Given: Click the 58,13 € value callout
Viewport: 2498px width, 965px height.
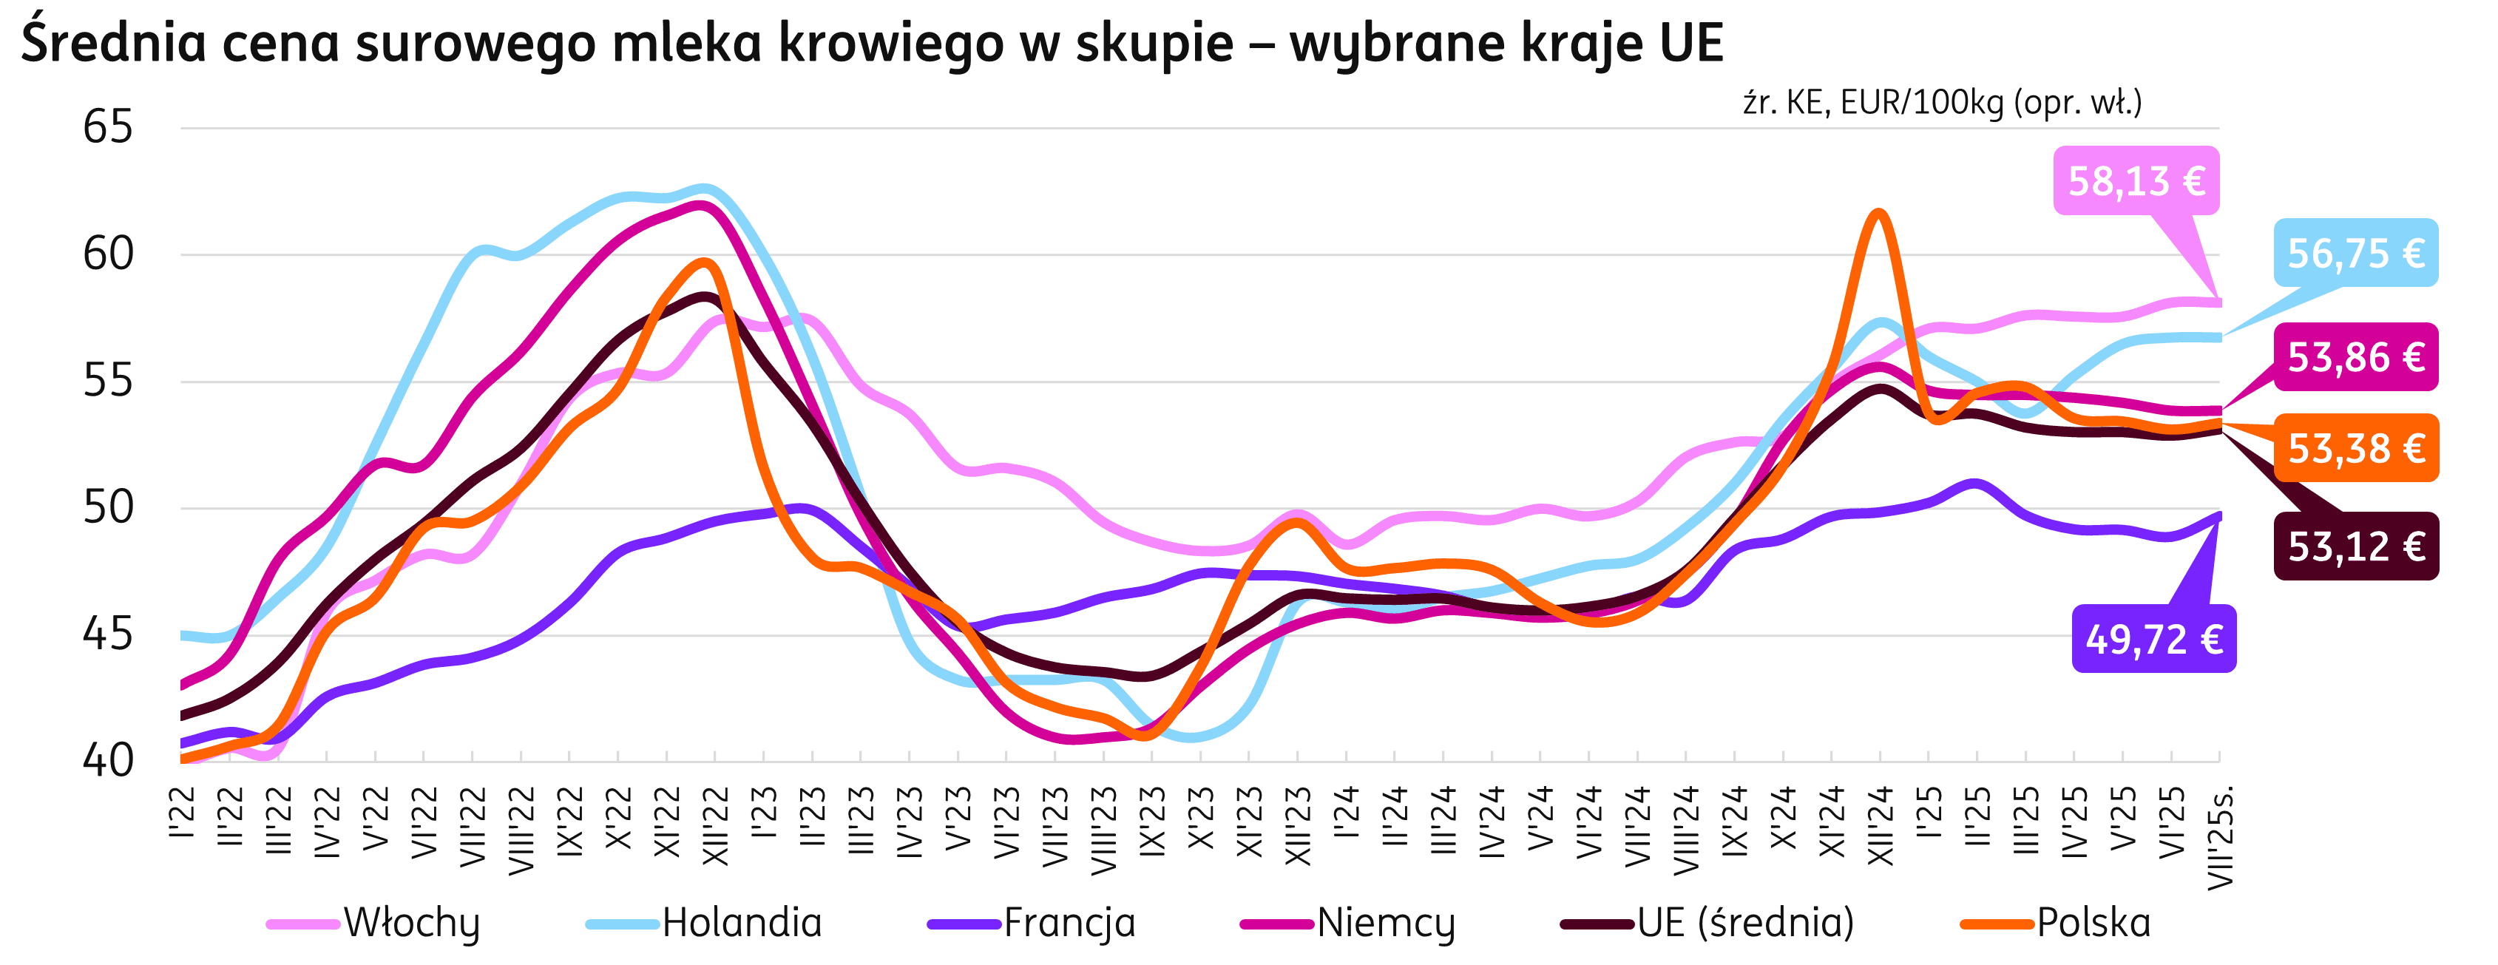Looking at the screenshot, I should pyautogui.click(x=2136, y=181).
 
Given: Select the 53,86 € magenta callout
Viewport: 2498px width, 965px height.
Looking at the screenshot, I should pyautogui.click(x=2355, y=357).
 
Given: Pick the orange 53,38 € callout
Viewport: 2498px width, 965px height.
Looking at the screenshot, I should pyautogui.click(x=2355, y=448).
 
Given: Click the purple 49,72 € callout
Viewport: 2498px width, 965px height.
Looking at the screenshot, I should pyautogui.click(x=2153, y=639).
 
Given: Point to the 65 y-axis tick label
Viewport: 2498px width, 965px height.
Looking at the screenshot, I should pyautogui.click(x=108, y=128).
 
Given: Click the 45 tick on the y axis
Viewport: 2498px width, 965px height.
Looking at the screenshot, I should pyautogui.click(x=108, y=636).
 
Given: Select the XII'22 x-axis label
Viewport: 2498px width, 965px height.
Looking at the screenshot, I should pyautogui.click(x=716, y=825).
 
